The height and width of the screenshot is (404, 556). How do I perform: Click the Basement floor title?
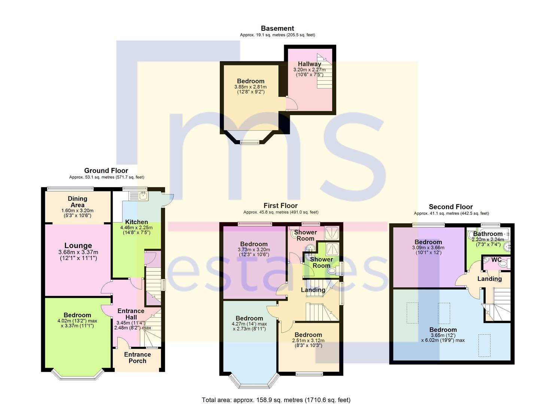pyautogui.click(x=277, y=28)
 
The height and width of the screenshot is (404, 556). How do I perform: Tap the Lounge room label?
pyautogui.click(x=78, y=245)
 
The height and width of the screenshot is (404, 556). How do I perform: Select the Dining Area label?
pyautogui.click(x=78, y=202)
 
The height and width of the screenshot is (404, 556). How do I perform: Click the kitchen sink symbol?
pyautogui.click(x=139, y=196)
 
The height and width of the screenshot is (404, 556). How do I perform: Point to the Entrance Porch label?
pyautogui.click(x=137, y=358)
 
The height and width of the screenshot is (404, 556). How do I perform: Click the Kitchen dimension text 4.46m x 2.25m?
pyautogui.click(x=137, y=227)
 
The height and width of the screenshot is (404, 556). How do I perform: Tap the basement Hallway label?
pyautogui.click(x=310, y=64)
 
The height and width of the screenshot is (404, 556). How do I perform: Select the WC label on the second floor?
pyautogui.click(x=496, y=260)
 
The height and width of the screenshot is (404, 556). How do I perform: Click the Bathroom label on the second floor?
pyautogui.click(x=488, y=234)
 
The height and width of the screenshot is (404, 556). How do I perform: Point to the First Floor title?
pyautogui.click(x=280, y=206)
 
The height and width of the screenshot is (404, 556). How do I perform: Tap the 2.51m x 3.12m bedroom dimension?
pyautogui.click(x=308, y=340)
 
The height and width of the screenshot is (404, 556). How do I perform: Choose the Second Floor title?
pyautogui.click(x=451, y=207)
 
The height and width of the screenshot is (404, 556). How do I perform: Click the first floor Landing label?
pyautogui.click(x=313, y=290)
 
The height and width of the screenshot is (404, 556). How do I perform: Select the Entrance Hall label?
pyautogui.click(x=131, y=314)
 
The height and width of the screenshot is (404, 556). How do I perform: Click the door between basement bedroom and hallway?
pyautogui.click(x=292, y=103)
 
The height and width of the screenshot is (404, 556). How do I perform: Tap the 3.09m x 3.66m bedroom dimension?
pyautogui.click(x=428, y=248)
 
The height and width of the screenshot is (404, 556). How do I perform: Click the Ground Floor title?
pyautogui.click(x=106, y=171)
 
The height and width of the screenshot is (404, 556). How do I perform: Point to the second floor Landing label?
pyautogui.click(x=489, y=279)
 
